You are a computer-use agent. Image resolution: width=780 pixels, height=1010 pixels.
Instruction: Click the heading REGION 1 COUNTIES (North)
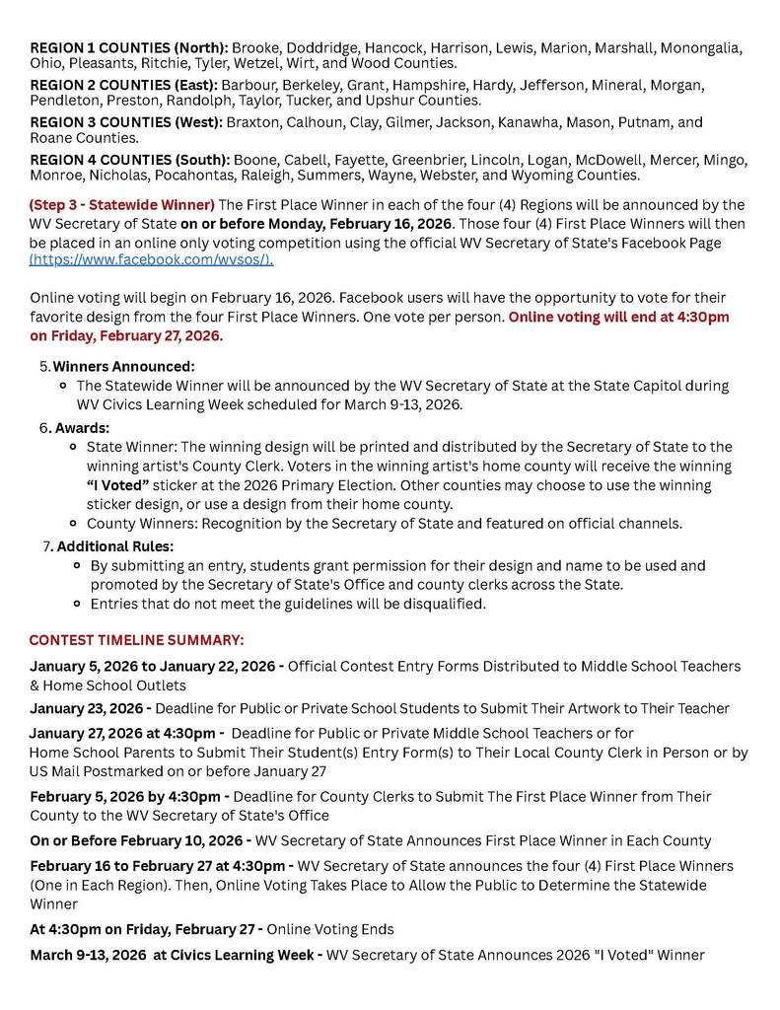point(128,47)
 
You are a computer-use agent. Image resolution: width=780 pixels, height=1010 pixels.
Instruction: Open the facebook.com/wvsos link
point(152,259)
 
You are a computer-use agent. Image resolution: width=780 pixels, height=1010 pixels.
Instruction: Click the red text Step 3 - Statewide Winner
point(122,205)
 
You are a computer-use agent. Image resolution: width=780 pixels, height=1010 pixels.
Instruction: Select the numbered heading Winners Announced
point(123,366)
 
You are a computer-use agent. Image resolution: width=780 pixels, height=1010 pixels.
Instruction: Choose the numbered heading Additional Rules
point(114,546)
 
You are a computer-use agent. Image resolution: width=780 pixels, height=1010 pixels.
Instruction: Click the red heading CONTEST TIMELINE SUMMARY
point(136,640)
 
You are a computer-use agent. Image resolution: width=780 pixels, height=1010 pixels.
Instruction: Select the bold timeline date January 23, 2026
point(89,708)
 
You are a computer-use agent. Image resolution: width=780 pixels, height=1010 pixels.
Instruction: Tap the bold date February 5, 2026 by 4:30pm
point(130,796)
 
